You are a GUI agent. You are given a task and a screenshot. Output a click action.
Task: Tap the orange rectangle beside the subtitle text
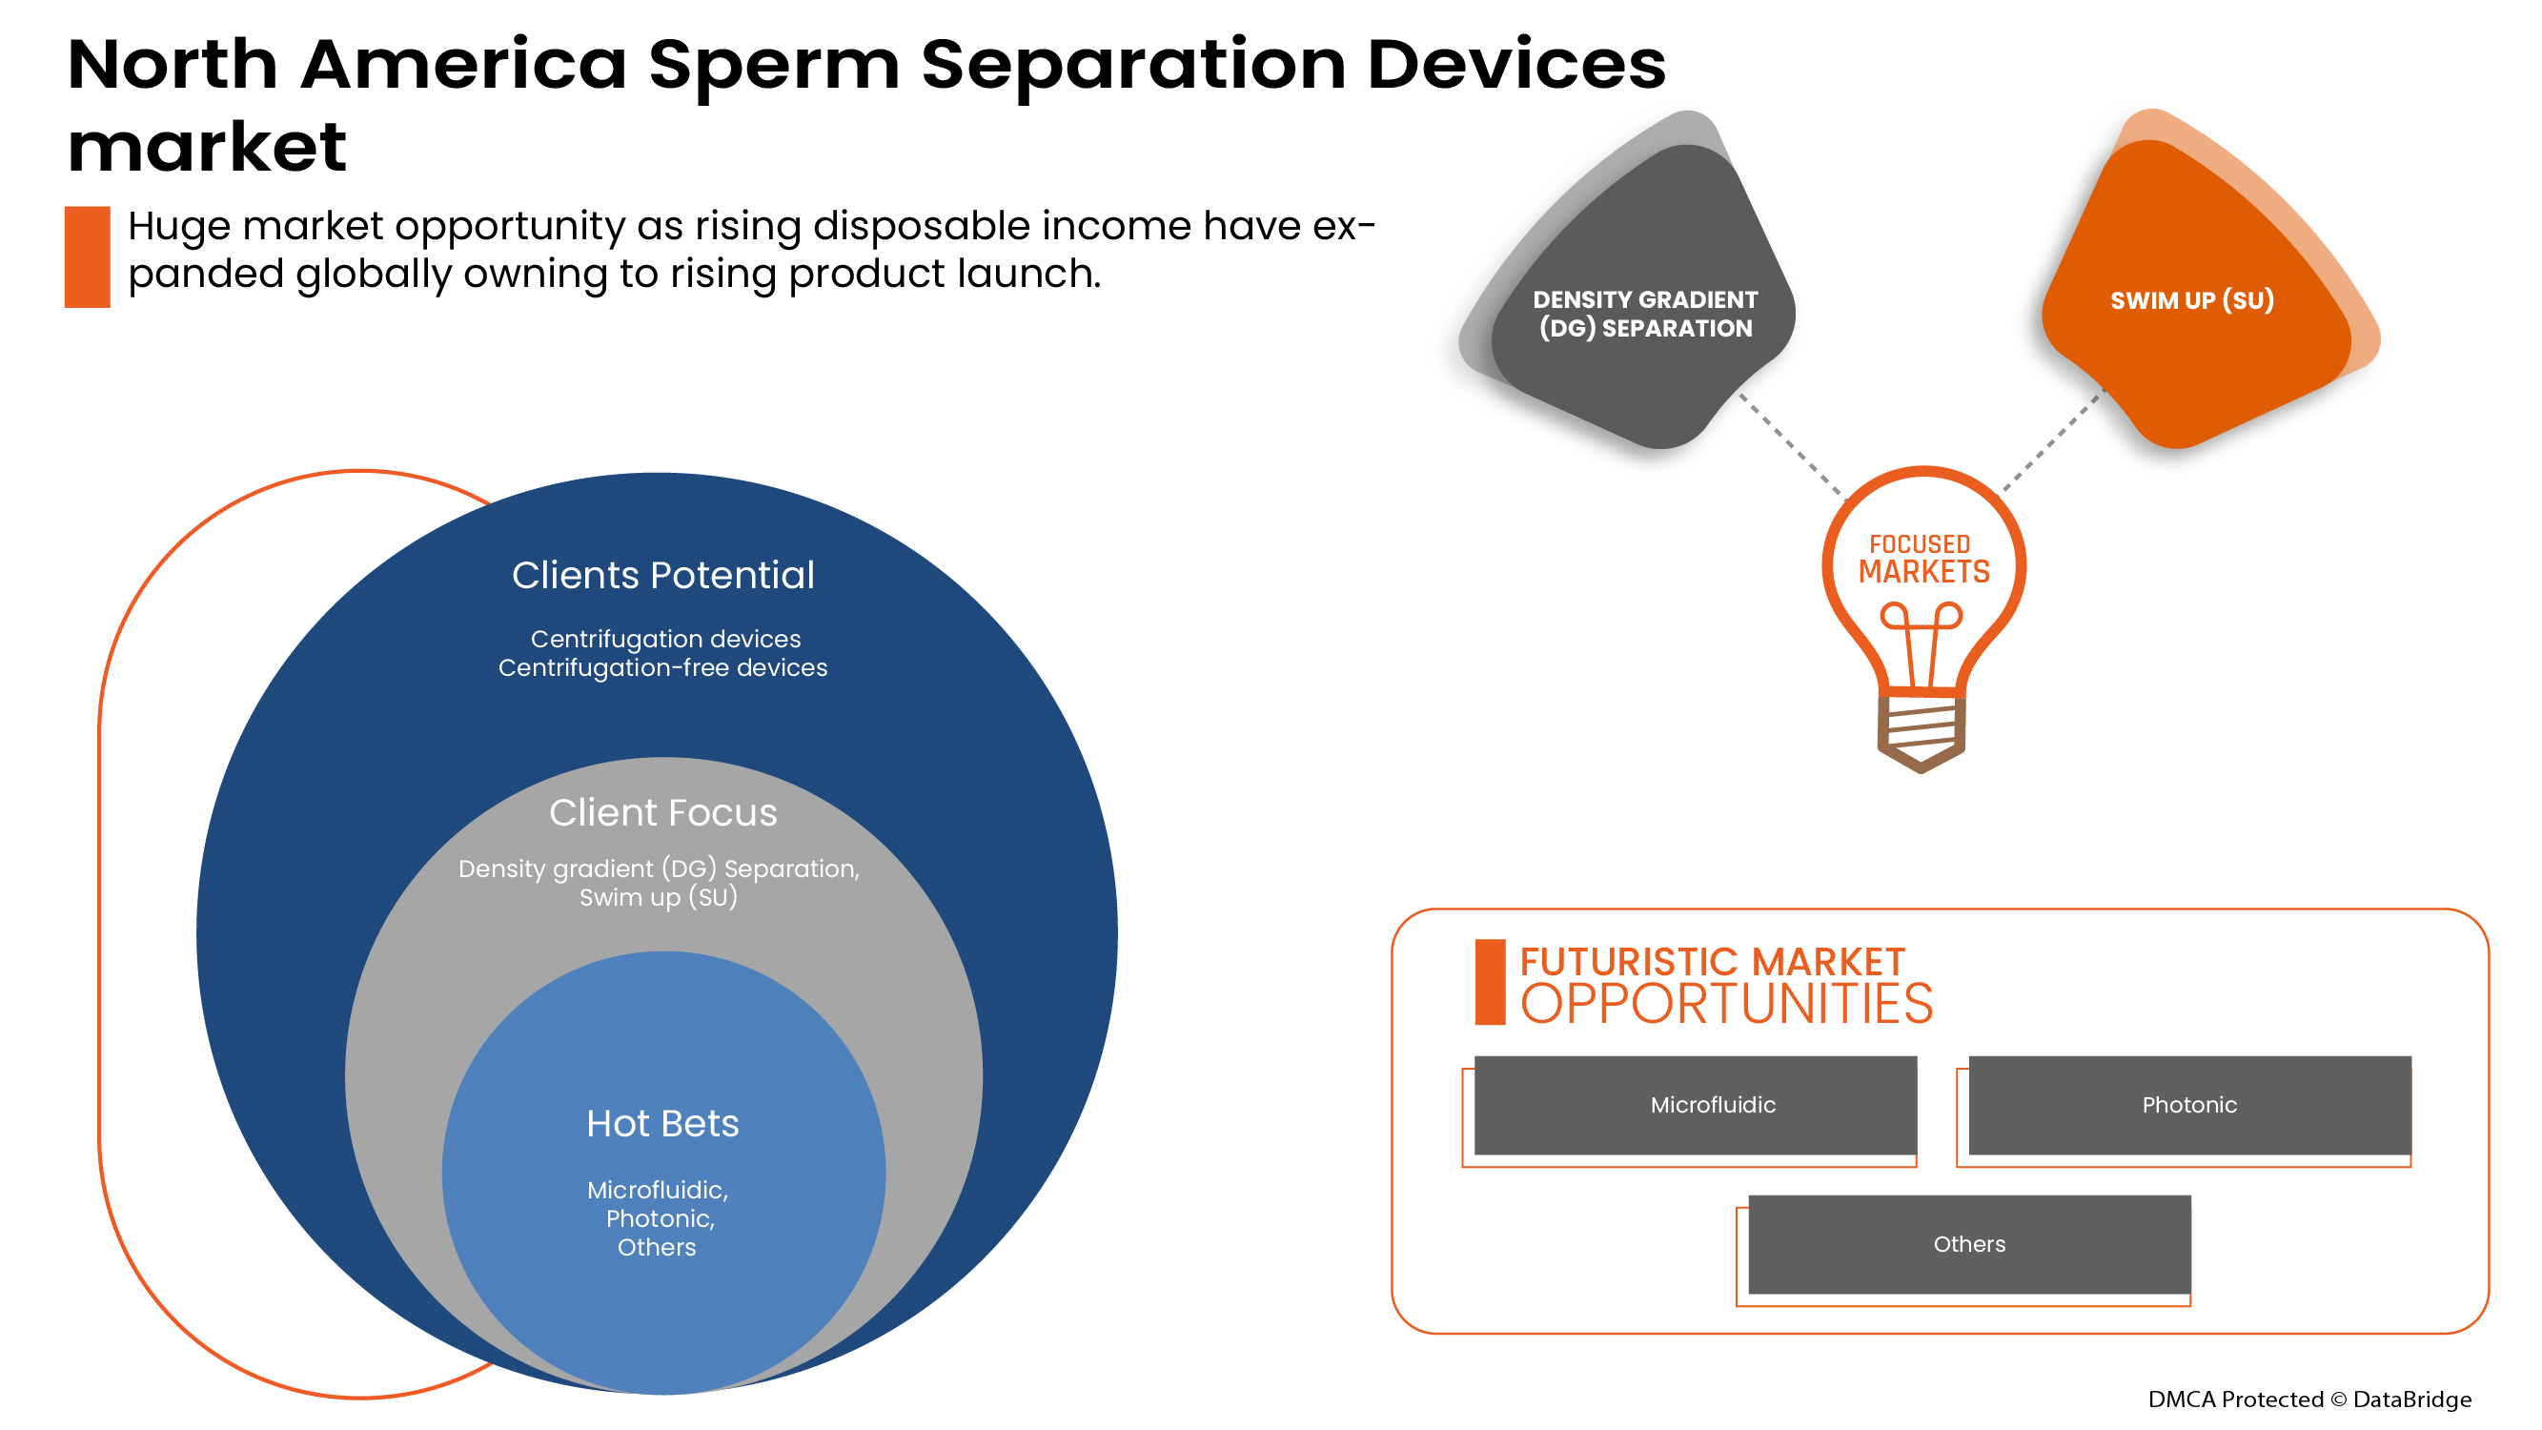(87, 256)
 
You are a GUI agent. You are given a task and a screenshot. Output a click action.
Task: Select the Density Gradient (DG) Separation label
(1644, 314)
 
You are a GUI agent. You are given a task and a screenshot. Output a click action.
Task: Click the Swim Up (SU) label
(2190, 300)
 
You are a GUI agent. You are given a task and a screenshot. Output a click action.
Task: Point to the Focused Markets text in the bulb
(1922, 559)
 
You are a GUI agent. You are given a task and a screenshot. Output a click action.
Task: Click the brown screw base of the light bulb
(1920, 732)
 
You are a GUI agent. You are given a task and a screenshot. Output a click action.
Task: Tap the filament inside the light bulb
(1920, 642)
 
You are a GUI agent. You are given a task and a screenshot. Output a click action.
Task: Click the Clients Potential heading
(662, 576)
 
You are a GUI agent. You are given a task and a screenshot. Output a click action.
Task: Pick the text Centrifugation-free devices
(662, 668)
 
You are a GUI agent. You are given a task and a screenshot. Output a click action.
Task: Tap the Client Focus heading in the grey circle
(662, 812)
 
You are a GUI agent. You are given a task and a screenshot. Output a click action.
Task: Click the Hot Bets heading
(662, 1123)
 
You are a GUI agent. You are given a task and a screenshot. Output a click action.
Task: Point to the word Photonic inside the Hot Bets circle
(660, 1218)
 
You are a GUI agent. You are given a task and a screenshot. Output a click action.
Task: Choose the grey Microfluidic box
(1695, 1104)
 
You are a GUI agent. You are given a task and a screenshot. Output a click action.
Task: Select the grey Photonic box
(2188, 1104)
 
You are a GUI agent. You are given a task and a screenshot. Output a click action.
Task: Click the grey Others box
(1968, 1243)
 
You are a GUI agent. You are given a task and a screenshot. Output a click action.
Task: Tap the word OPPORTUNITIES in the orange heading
(1725, 1005)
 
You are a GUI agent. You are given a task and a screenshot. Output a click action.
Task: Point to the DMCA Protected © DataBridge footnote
(2308, 1399)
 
